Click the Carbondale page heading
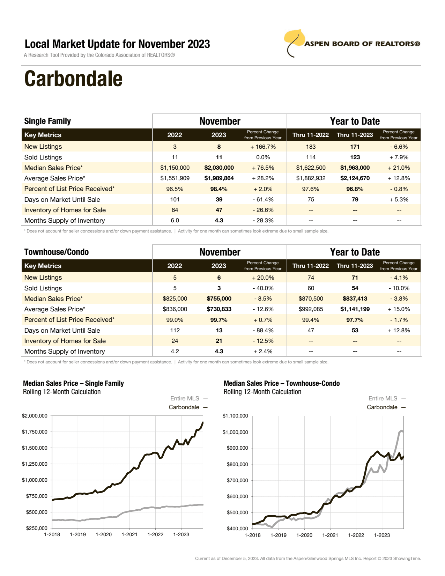point(73,79)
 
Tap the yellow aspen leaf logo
point(295,38)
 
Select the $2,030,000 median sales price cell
point(219,168)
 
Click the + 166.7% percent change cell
point(263,147)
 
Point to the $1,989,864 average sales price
point(219,178)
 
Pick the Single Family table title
point(47,121)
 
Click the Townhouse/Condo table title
point(57,252)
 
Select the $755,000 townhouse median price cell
point(219,299)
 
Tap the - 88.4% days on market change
point(263,331)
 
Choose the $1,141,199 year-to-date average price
point(355,309)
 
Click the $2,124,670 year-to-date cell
point(355,178)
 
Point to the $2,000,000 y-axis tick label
point(35,416)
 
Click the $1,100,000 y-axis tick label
point(235,416)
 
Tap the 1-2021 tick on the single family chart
point(129,534)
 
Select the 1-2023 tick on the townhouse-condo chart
point(382,535)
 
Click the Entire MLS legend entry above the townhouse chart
point(383,398)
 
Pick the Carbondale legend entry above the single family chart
point(184,407)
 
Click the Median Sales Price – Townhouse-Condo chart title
point(282,383)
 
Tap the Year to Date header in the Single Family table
point(355,121)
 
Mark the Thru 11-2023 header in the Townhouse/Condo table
point(355,266)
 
